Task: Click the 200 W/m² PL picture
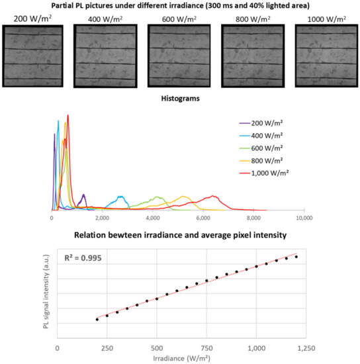32,56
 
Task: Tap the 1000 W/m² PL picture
324,56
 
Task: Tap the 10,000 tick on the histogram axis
304,217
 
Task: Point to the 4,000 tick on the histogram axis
153,217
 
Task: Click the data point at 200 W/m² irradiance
97,319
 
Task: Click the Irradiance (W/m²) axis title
181,359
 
